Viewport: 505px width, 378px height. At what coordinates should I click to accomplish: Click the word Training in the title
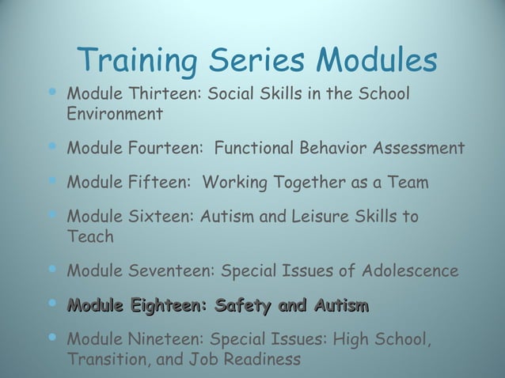pos(139,60)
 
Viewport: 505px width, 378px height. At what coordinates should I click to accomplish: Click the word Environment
pos(116,114)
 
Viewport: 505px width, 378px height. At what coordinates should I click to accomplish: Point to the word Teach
pos(90,236)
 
